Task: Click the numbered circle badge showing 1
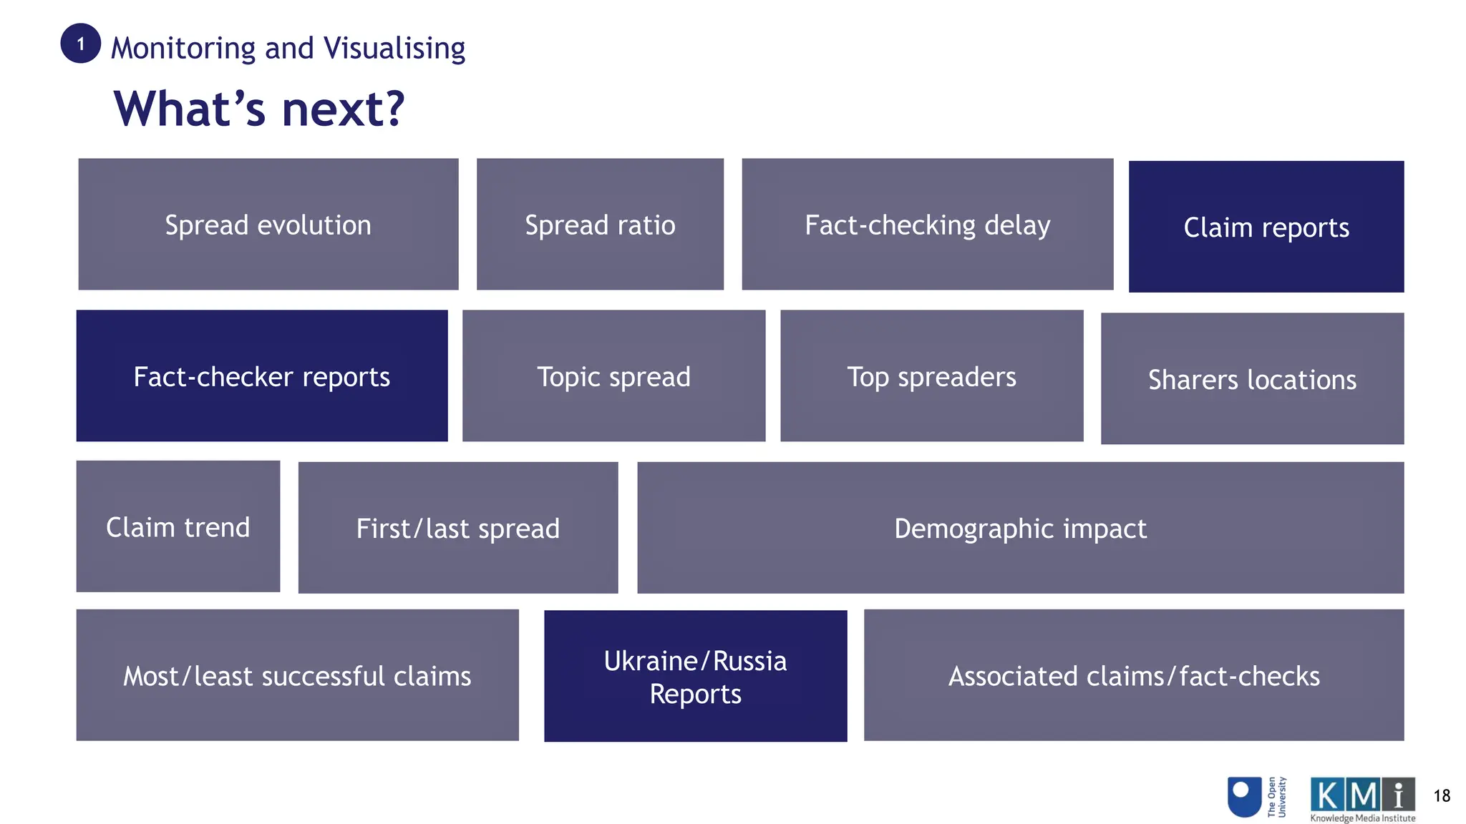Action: [x=80, y=44]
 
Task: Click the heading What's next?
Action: [x=259, y=109]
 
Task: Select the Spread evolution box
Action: [x=268, y=225]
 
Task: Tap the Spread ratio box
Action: [x=600, y=225]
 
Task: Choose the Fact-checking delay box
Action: [x=927, y=225]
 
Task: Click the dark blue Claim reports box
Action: [x=1266, y=227]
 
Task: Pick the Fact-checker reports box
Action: [x=262, y=376]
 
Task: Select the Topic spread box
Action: [x=613, y=376]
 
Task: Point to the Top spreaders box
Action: [x=931, y=376]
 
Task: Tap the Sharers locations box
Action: [x=1252, y=379]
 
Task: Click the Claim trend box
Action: [x=178, y=527]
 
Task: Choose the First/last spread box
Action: [x=458, y=529]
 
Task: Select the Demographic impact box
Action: [x=1020, y=529]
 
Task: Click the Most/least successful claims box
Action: [x=297, y=676]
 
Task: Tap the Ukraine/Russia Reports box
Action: [x=695, y=677]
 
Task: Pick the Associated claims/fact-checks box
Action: [x=1134, y=676]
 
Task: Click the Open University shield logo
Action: [x=1244, y=797]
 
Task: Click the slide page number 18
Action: [x=1442, y=796]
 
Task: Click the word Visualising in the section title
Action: [x=394, y=49]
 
